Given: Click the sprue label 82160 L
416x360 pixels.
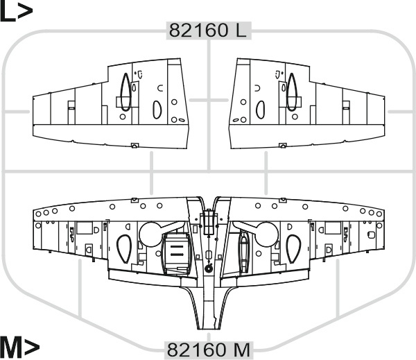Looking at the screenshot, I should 208,31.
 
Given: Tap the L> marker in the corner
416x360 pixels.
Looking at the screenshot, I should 15,12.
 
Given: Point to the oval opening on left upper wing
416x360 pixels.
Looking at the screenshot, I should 156,109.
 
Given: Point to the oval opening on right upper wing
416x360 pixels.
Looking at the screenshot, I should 260,109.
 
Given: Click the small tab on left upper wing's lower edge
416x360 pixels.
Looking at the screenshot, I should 135,145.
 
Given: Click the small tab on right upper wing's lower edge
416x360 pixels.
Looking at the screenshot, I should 281,145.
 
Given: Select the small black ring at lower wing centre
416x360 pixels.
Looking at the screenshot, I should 209,268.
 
